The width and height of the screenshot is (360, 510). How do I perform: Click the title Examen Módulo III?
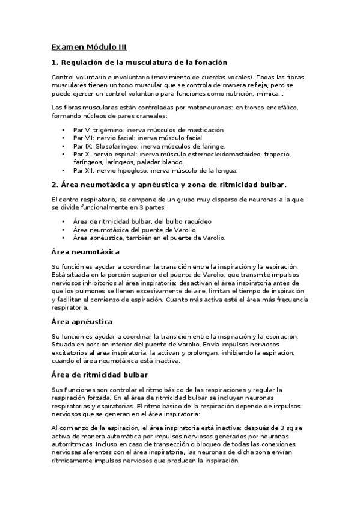(89, 46)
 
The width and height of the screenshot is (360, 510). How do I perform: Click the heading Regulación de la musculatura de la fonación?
(139, 63)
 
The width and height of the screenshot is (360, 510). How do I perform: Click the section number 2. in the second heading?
(55, 184)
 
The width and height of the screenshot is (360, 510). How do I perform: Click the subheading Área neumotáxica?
(86, 251)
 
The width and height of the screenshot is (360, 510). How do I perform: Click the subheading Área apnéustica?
(82, 322)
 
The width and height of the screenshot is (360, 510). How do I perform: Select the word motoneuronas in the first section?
(202, 108)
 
